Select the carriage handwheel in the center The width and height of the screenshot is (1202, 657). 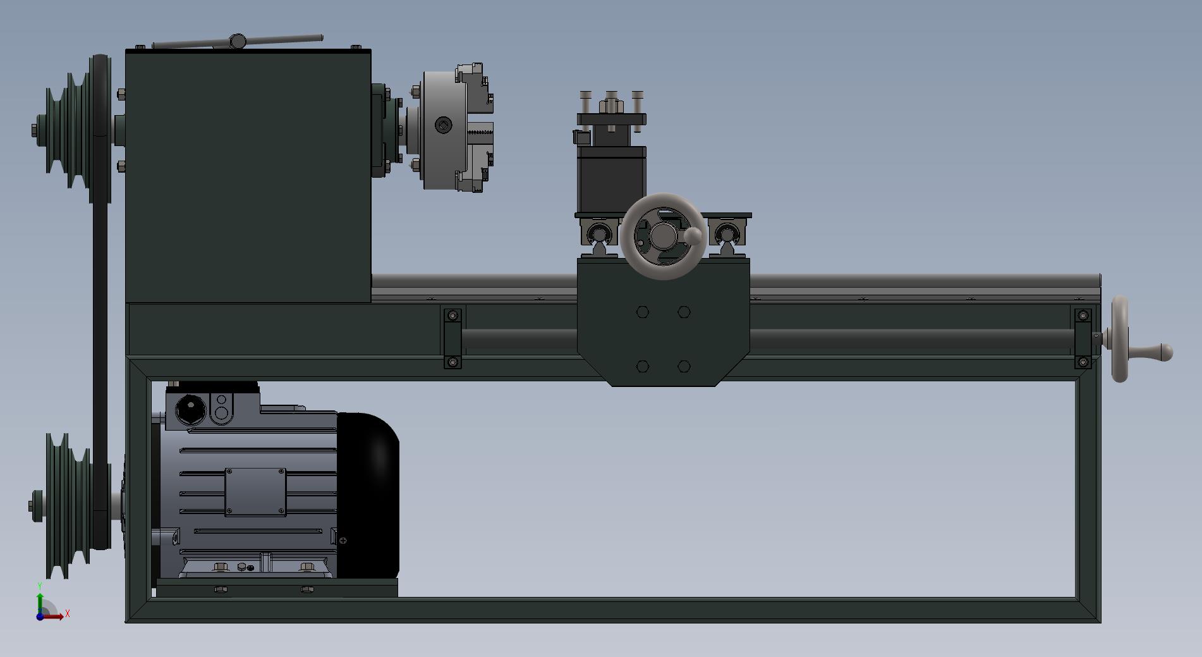pos(662,236)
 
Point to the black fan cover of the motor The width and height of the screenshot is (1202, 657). pos(368,495)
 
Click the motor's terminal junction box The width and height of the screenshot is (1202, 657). pos(212,405)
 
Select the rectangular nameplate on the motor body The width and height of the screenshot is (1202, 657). pos(255,492)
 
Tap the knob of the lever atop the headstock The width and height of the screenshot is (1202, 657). pos(238,41)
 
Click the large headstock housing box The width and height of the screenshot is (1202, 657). pos(248,176)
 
